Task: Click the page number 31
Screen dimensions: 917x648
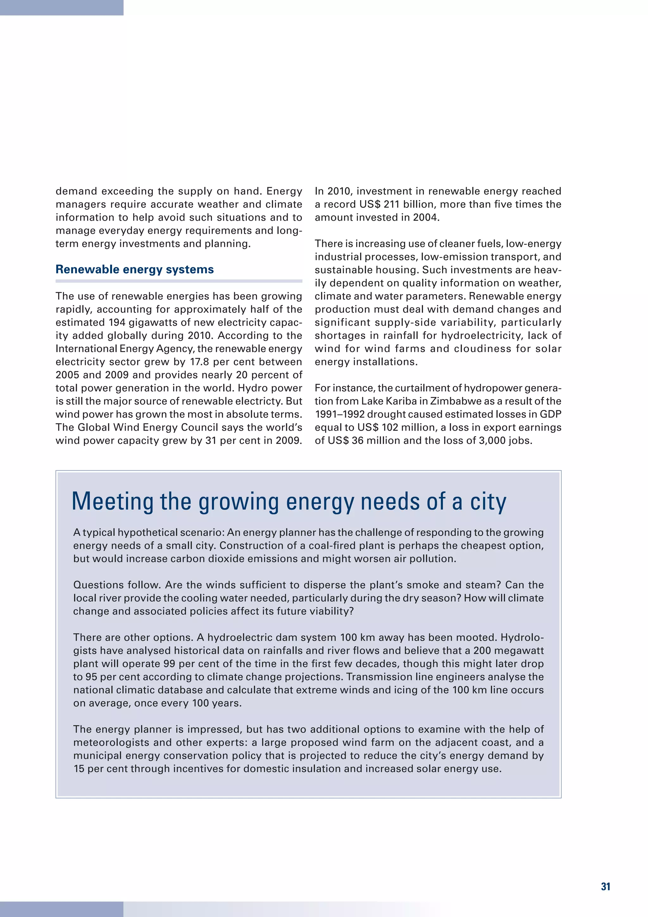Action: pos(605,887)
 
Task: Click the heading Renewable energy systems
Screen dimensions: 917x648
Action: pos(134,269)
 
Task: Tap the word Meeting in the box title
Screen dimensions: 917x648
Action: pos(113,502)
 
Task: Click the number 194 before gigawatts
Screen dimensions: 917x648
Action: pos(117,322)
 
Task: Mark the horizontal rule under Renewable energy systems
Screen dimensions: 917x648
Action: pos(179,281)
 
